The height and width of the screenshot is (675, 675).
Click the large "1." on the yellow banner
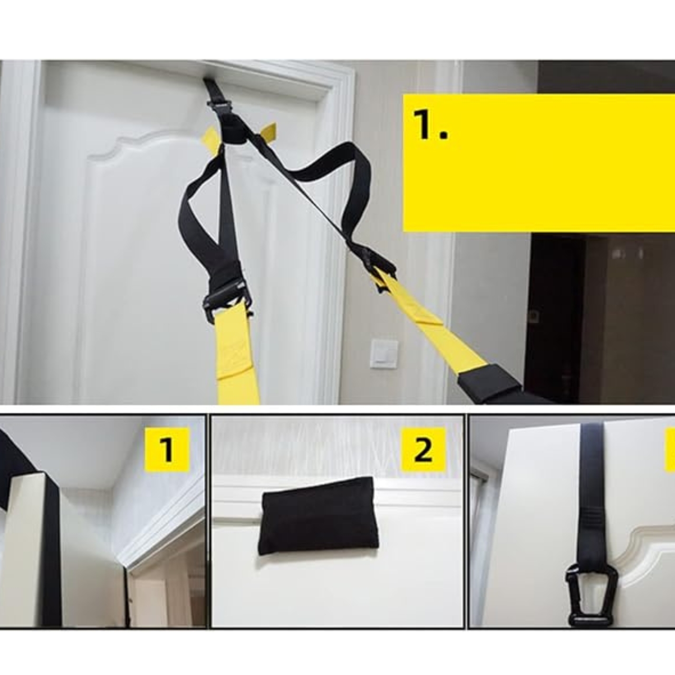(430, 124)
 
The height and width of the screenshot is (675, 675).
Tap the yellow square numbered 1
(167, 449)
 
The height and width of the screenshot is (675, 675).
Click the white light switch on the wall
(384, 354)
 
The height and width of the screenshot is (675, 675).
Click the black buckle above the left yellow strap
(227, 302)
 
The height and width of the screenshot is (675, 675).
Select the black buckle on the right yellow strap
(377, 268)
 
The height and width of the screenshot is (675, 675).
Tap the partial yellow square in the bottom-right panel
(670, 449)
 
